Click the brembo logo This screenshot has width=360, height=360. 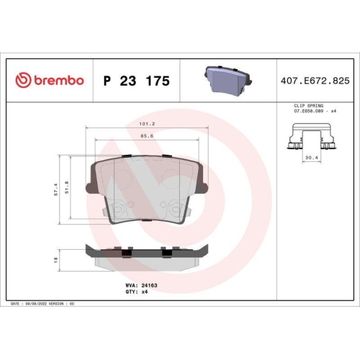coord(50,81)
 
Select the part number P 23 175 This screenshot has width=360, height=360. coord(137,81)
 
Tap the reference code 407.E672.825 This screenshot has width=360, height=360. coord(315,81)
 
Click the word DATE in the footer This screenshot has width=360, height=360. coord(15,304)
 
